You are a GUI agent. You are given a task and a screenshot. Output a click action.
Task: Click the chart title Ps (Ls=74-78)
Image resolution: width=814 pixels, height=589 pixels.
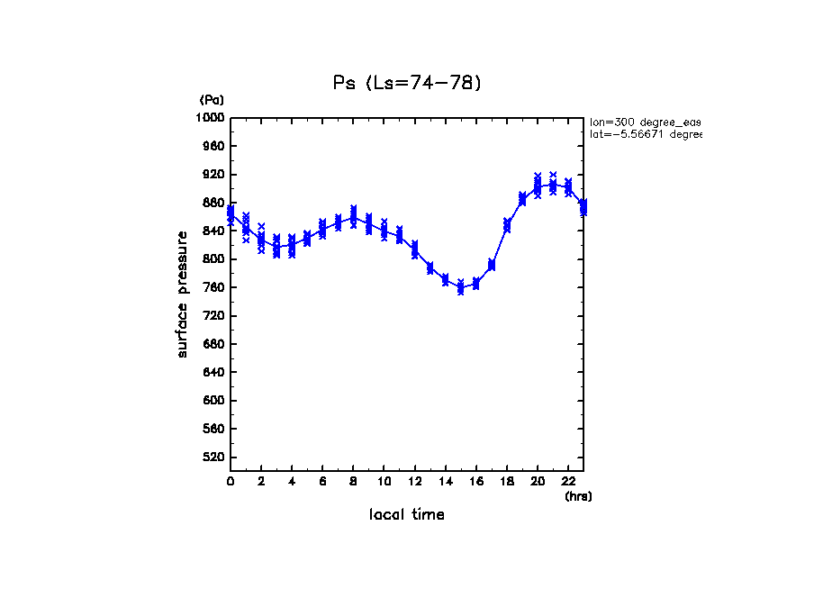[x=407, y=83]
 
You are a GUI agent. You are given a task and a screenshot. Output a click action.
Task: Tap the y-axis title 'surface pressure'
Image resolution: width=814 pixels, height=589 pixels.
[x=183, y=294]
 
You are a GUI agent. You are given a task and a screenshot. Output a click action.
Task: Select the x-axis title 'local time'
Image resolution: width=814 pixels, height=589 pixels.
[x=407, y=514]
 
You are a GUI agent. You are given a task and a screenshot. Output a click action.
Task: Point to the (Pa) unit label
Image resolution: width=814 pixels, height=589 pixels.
[x=212, y=100]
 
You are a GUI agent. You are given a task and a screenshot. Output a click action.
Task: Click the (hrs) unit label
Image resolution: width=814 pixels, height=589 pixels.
[x=578, y=495]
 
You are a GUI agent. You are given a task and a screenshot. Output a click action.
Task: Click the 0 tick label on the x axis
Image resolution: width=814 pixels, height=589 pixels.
[x=231, y=481]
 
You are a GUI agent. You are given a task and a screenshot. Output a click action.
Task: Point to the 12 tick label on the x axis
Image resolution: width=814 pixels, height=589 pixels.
[x=414, y=481]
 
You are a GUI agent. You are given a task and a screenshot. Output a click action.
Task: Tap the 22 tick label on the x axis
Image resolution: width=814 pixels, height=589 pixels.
[x=567, y=481]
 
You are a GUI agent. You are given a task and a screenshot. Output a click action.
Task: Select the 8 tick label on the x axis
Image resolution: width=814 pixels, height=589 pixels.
[x=353, y=481]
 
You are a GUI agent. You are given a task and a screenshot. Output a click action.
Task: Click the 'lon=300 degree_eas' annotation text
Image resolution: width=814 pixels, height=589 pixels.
[x=645, y=121]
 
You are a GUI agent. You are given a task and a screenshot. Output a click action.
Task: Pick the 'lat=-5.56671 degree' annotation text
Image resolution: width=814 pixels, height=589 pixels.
[x=645, y=134]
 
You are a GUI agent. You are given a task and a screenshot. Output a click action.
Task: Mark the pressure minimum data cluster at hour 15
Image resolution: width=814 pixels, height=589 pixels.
[x=460, y=287]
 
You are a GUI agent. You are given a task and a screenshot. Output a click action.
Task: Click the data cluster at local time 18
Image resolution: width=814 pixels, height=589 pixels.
[x=507, y=225]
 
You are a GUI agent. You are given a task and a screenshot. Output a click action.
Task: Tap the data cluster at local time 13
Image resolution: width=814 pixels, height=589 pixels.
[x=430, y=267]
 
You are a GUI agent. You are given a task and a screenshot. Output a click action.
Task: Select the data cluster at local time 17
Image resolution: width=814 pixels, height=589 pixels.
[x=492, y=265]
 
